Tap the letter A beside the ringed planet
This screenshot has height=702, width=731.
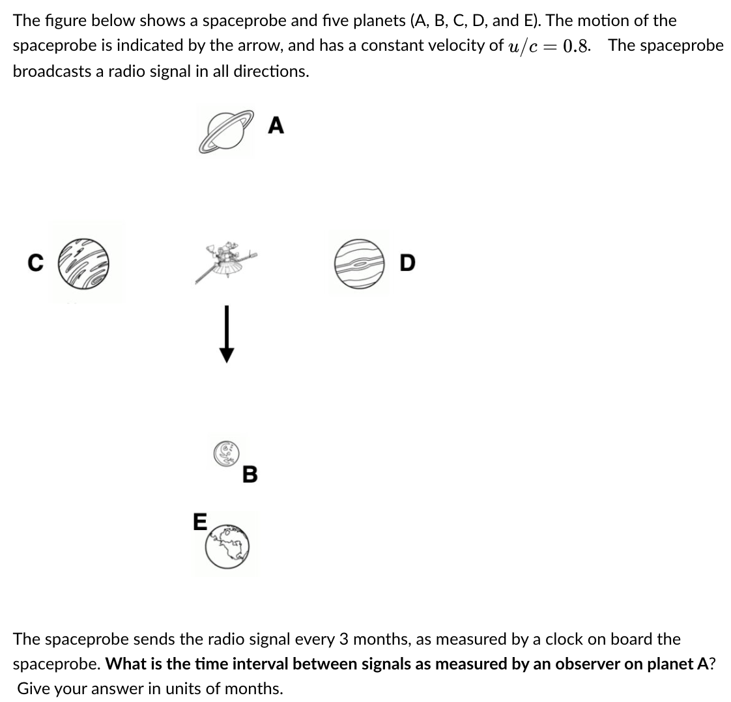[x=276, y=125]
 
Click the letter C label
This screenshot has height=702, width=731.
[x=36, y=263]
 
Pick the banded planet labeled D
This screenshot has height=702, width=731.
[x=359, y=262]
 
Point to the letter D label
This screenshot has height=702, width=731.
[x=407, y=263]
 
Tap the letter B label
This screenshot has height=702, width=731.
[x=250, y=474]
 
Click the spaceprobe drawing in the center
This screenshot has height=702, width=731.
[x=225, y=260]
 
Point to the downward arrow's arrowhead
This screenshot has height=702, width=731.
[x=226, y=354]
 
